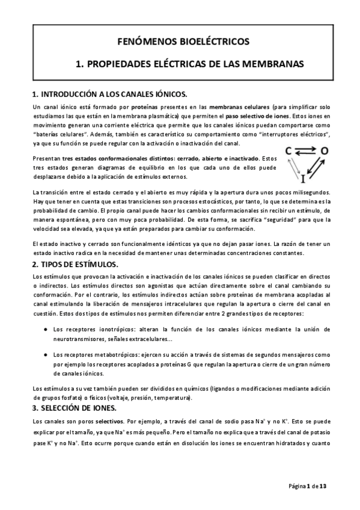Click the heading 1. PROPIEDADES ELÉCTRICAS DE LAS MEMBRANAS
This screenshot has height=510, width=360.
pos(180,63)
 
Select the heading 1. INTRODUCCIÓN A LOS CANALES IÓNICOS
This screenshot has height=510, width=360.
pos(109,94)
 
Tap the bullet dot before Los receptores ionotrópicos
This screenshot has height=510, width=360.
pos(46,330)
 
